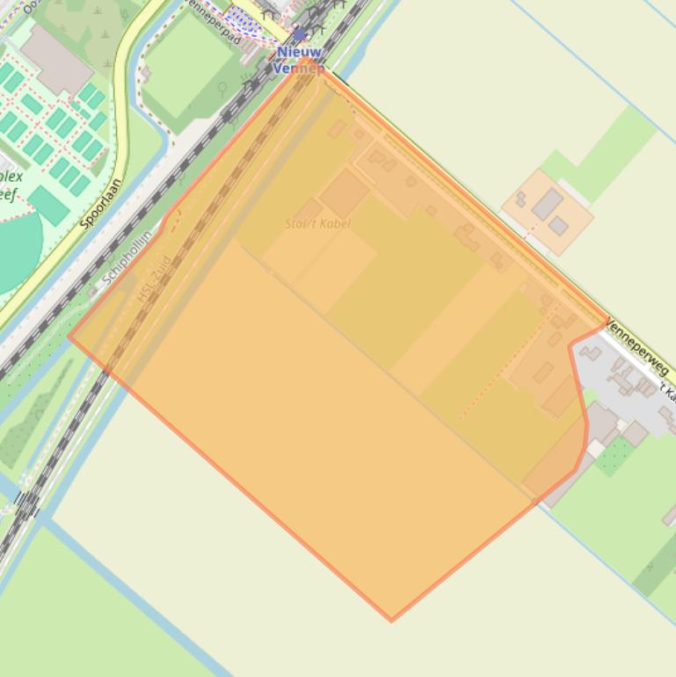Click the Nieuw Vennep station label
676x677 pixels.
(299, 60)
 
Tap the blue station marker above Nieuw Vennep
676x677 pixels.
(300, 35)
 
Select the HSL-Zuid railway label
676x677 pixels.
(153, 279)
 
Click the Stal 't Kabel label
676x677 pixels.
(317, 223)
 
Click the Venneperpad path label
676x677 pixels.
(211, 24)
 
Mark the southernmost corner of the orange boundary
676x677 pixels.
(391, 620)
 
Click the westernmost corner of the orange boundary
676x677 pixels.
(69, 337)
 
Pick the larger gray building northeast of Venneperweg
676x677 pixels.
(547, 204)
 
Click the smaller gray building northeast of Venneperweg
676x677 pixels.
(558, 226)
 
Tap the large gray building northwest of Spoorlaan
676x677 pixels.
(57, 60)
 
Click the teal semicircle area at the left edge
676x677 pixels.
(18, 251)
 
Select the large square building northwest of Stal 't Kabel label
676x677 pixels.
(345, 193)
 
